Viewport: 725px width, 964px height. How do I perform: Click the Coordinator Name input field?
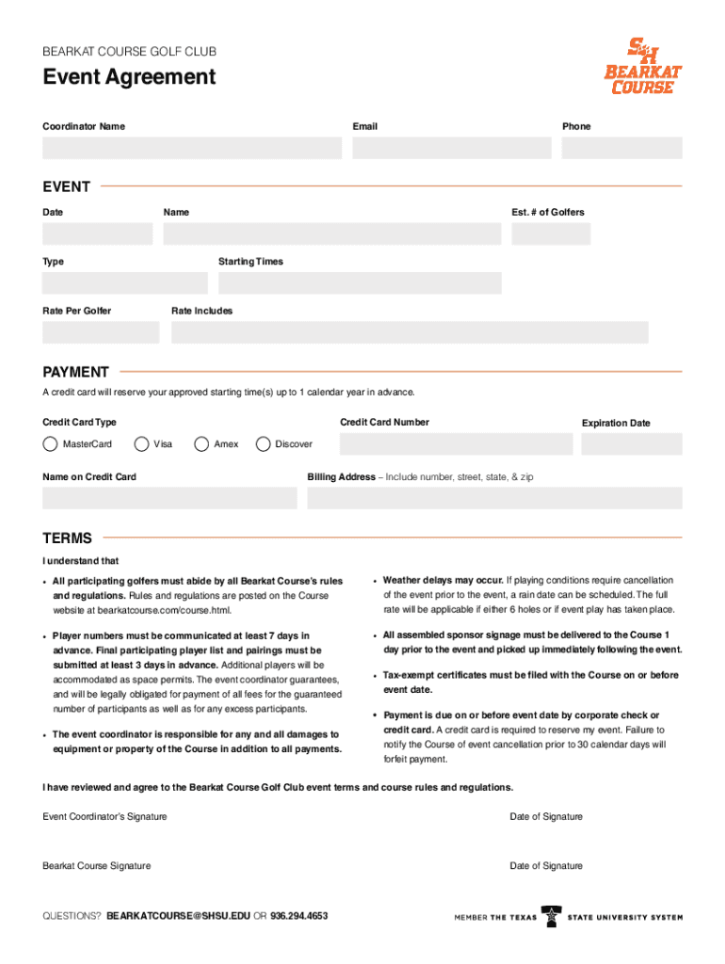coord(191,148)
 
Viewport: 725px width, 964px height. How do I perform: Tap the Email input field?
coord(452,148)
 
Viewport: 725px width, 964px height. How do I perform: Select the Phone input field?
coord(621,148)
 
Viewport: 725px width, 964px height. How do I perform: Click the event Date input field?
coord(97,233)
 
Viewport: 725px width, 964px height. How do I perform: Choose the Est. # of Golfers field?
coord(596,233)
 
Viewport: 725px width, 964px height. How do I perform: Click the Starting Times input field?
coord(360,283)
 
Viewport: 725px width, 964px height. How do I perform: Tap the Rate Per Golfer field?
coord(101,332)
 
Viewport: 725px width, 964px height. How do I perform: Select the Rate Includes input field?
coord(410,332)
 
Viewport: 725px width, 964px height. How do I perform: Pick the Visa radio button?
coord(142,444)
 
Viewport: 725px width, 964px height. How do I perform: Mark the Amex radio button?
coord(201,444)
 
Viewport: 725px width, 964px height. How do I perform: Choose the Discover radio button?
coord(263,444)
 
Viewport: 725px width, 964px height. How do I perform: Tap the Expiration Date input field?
coord(631,444)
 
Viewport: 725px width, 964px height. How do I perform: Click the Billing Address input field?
coord(494,498)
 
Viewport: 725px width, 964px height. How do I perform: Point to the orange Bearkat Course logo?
coord(643,66)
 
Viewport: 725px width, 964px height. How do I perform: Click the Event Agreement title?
coord(129,77)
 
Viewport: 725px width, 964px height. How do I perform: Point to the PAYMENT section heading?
coord(75,372)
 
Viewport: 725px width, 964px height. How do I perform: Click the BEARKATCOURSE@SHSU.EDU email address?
coord(179,916)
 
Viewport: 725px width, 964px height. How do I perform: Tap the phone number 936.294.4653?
coord(298,916)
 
